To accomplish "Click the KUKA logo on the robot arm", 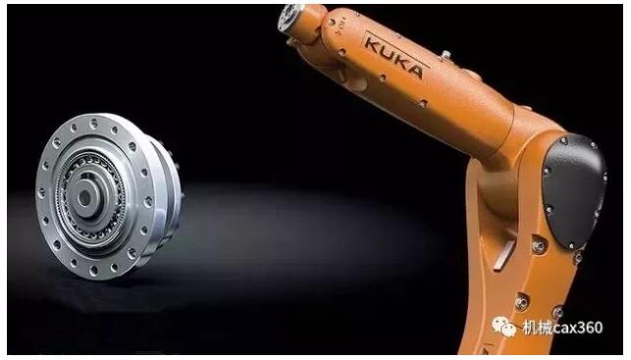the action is pyautogui.click(x=394, y=56).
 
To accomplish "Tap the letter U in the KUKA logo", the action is pyautogui.click(x=385, y=52).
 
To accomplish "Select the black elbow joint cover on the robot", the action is pyautogui.click(x=574, y=190).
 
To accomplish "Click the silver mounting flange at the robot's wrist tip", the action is pyautogui.click(x=289, y=19).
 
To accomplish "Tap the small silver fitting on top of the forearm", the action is pyautogui.click(x=446, y=55).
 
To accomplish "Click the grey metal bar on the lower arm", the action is pyautogui.click(x=503, y=255).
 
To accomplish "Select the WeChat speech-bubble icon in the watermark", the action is pyautogui.click(x=503, y=326).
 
